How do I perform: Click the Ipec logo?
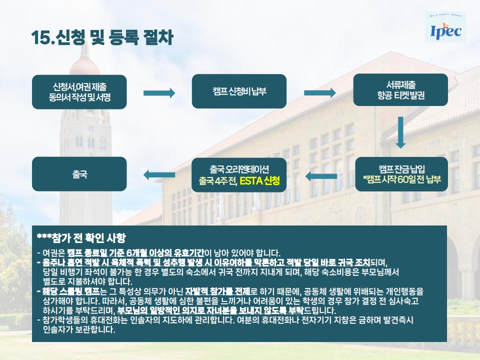(x=446, y=32)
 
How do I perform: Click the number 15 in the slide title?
(x=40, y=38)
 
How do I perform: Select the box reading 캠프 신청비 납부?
(x=239, y=91)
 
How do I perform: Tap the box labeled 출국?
(x=79, y=174)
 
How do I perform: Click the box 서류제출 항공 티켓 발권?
(x=400, y=89)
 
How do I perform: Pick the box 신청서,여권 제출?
(x=79, y=92)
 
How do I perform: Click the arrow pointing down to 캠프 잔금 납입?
(x=400, y=132)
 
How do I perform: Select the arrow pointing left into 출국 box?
(x=159, y=174)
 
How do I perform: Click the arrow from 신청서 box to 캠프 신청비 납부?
(x=159, y=92)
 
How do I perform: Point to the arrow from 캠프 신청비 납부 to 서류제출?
(x=320, y=92)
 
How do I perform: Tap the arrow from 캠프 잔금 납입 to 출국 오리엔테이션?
(x=320, y=175)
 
